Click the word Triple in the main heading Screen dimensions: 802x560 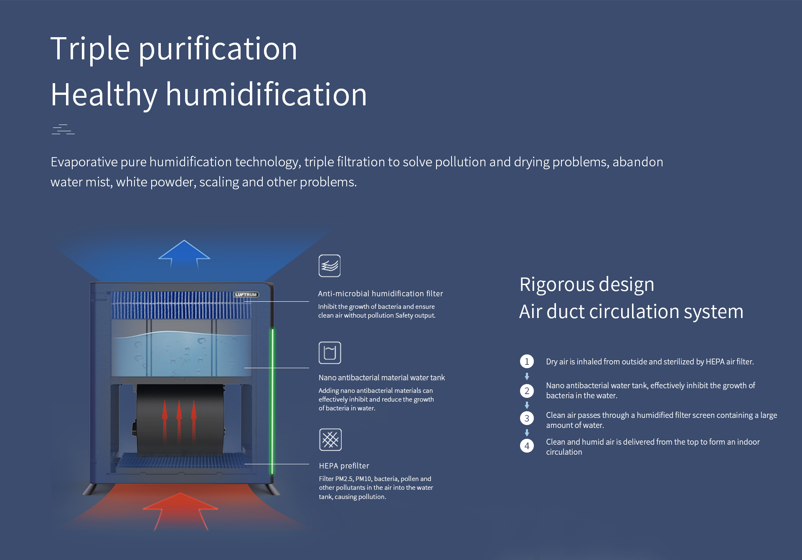pos(90,48)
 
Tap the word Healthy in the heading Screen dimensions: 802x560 pos(104,95)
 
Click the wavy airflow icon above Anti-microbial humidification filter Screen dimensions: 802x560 pos(330,266)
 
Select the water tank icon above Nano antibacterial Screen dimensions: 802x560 pos(330,353)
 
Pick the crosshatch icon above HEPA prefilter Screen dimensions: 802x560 pos(330,440)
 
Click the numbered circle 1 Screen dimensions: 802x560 pos(527,361)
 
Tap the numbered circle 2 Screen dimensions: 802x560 pos(527,391)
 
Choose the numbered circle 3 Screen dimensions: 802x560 pos(527,418)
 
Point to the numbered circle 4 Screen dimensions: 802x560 pos(527,446)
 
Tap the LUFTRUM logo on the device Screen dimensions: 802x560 pos(246,295)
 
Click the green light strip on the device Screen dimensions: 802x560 pos(273,401)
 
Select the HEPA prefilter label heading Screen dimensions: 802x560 pos(344,466)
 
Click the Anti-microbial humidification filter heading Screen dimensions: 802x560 pos(381,293)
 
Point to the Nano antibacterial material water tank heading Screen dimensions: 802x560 pos(382,377)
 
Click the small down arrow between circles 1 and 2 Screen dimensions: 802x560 pos(527,376)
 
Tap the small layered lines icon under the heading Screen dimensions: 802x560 pos(63,130)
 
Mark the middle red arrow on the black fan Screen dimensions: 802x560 pos(179,420)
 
